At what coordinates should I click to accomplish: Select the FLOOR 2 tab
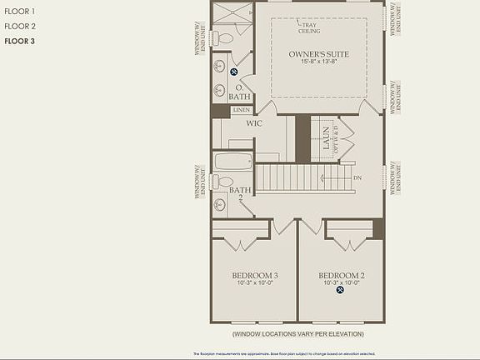tap(19, 27)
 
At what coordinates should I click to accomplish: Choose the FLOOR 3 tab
tap(19, 40)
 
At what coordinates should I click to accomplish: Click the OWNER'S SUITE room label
tap(318, 54)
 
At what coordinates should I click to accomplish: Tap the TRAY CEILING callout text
tap(309, 27)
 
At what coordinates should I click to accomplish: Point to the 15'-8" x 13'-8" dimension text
tap(318, 62)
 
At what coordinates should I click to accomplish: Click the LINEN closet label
tap(241, 110)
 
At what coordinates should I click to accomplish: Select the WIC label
tap(254, 123)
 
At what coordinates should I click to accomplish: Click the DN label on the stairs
tap(357, 177)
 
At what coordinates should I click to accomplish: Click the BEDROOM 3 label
tap(254, 275)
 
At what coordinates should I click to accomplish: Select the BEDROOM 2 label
tap(341, 275)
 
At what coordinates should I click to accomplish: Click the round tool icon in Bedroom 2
tap(340, 291)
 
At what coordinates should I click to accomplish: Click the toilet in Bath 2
tap(223, 182)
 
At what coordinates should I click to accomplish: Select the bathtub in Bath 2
tap(232, 161)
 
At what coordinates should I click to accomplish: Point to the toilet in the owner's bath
tap(223, 38)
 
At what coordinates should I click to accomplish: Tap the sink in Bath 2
tap(220, 204)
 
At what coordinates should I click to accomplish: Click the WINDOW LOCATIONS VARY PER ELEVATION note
tap(297, 334)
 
